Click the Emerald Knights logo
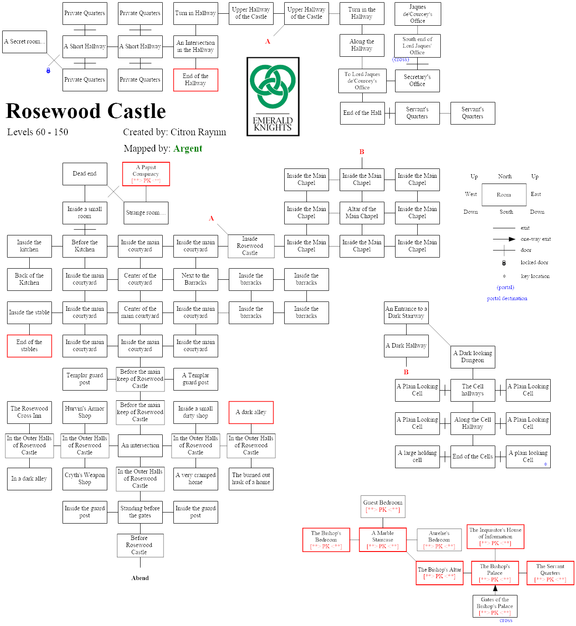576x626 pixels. (273, 97)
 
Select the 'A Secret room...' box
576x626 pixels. (24, 42)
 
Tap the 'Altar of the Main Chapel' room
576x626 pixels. (362, 213)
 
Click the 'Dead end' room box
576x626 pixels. (85, 174)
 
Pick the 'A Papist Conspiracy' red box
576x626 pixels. (146, 174)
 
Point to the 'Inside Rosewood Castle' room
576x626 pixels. (251, 246)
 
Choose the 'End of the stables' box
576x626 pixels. (29, 346)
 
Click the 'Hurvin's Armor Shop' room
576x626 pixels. (85, 412)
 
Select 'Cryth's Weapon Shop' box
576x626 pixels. (85, 479)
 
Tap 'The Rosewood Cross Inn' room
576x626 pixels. (29, 412)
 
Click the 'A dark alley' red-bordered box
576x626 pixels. (251, 412)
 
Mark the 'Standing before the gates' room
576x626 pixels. (140, 512)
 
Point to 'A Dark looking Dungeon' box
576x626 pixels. (473, 357)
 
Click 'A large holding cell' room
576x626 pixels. (417, 457)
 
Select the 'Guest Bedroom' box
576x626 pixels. (383, 506)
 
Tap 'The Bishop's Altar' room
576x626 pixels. (439, 573)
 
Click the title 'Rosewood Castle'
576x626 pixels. (86, 111)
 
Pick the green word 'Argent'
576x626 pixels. (188, 149)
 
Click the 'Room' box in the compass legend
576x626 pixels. (504, 195)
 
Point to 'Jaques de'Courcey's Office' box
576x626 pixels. (418, 14)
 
